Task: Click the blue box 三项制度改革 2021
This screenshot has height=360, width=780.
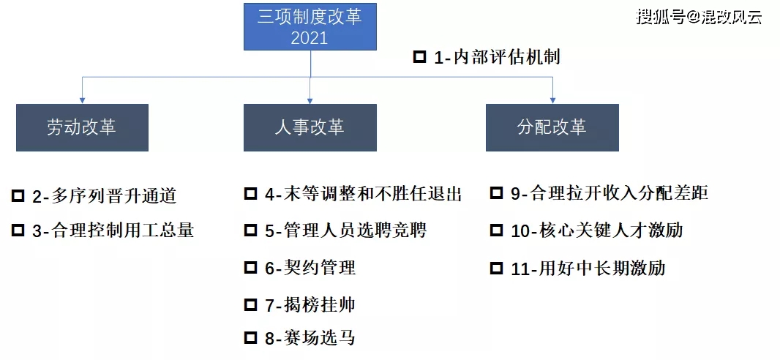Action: coord(310,26)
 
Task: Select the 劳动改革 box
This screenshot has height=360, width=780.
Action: coord(82,127)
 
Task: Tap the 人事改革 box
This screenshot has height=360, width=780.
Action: coord(310,127)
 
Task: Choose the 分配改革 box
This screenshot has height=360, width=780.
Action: coord(552,127)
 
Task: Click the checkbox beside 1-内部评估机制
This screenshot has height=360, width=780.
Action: coord(420,56)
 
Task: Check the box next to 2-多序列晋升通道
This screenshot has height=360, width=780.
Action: coord(18,196)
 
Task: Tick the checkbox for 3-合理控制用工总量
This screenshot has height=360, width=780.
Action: coord(18,230)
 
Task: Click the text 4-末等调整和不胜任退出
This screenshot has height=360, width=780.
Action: coord(364,193)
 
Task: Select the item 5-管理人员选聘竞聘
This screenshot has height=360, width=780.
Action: coord(345,230)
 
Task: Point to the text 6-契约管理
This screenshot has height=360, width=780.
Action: coord(310,268)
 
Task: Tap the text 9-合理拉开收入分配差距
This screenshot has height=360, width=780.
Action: coord(610,193)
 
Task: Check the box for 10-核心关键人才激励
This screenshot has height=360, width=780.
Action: coord(496,230)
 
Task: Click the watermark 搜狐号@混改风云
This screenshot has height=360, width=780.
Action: coord(699,17)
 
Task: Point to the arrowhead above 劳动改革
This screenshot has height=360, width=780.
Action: coord(82,100)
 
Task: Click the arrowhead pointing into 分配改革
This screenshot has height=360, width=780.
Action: coord(552,100)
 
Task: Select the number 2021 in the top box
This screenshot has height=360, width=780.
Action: coord(310,38)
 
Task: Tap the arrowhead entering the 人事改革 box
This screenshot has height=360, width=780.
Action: coord(310,100)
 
